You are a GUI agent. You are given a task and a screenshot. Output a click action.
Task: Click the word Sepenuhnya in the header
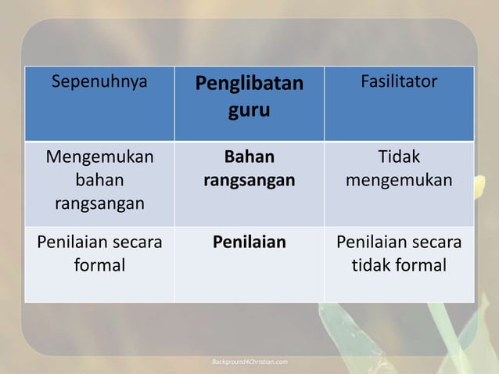99,81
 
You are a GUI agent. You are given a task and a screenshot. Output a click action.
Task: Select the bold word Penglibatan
249,83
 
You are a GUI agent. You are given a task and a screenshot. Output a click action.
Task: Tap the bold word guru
249,110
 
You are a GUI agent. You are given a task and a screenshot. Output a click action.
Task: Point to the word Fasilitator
399,81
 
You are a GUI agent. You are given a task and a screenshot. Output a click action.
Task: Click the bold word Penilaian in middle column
249,242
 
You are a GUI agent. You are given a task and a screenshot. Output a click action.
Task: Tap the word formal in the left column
99,266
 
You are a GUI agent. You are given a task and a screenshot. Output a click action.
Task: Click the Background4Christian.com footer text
250,361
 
